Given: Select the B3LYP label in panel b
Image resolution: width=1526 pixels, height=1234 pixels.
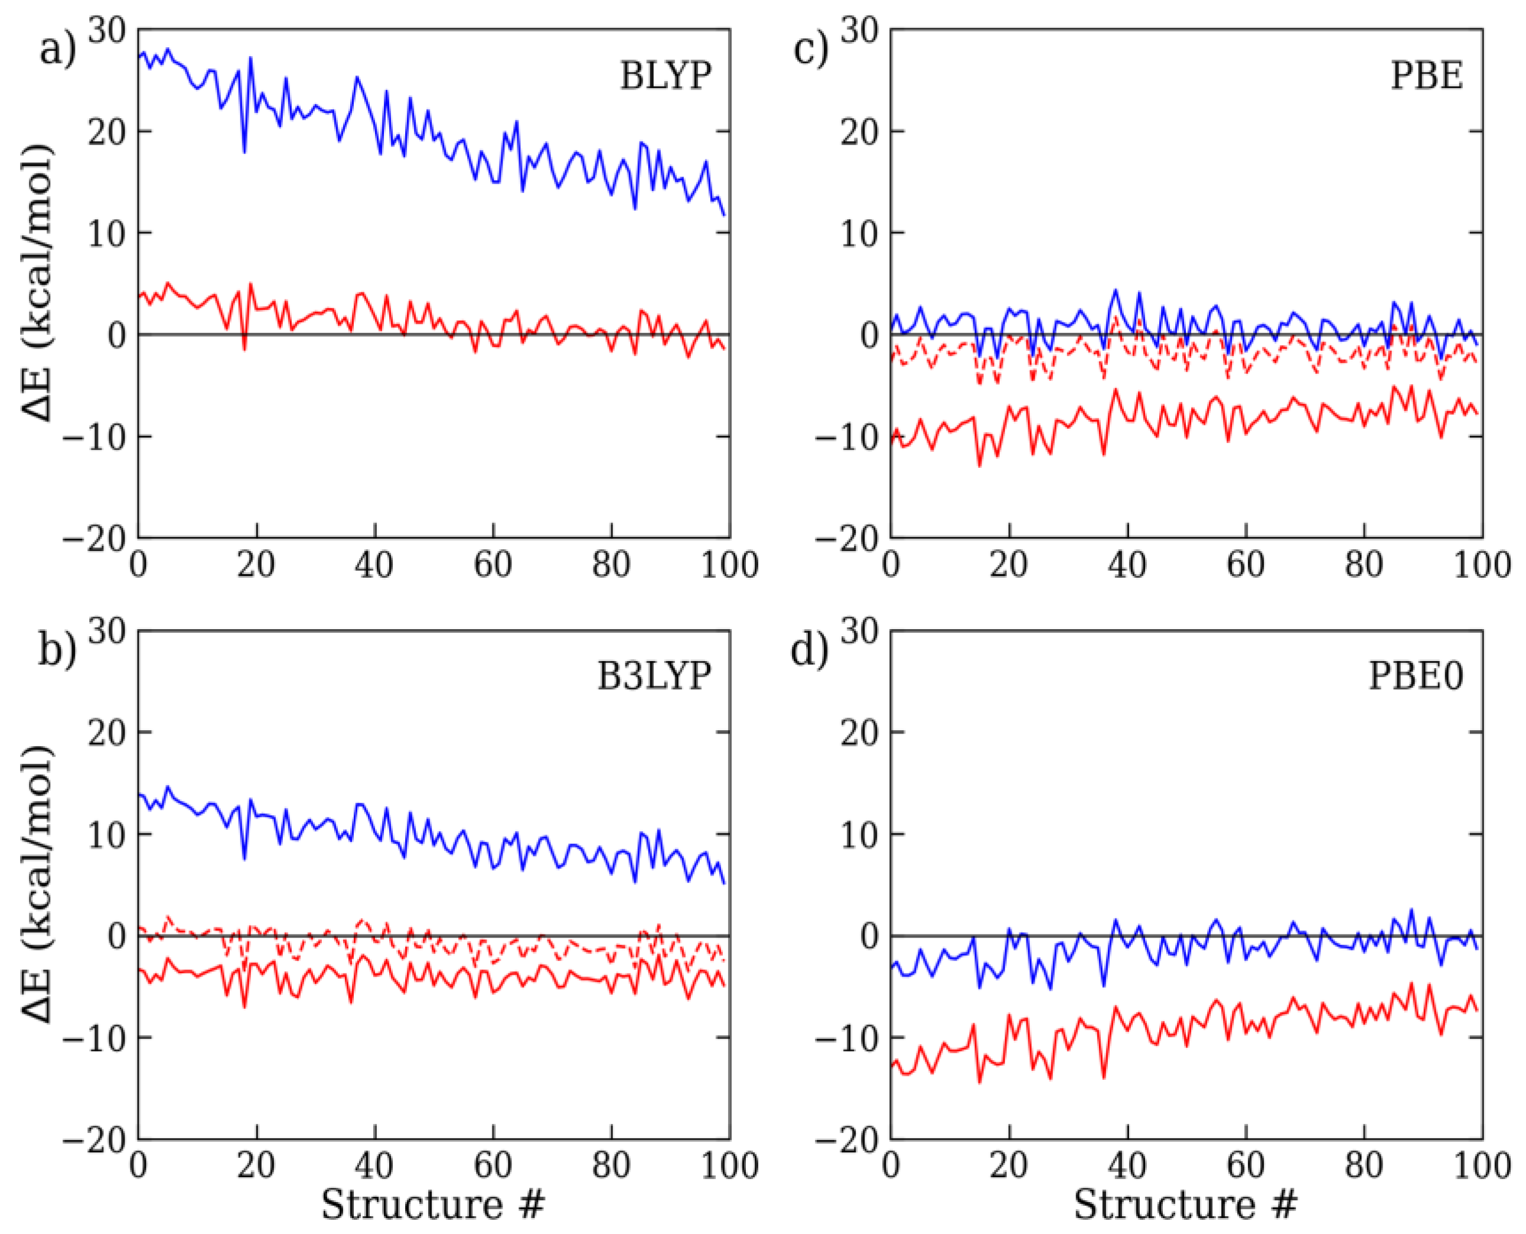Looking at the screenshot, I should point(653,675).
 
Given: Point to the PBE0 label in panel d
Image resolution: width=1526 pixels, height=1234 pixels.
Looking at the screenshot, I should point(1416,675).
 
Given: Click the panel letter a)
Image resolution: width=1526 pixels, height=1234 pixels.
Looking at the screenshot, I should point(57,50).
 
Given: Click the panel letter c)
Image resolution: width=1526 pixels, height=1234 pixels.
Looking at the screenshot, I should point(811,50).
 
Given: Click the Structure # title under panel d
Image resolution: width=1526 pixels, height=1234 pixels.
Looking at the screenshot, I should point(1185,1204).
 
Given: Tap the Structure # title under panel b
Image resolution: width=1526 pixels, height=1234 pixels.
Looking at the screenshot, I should point(432,1204).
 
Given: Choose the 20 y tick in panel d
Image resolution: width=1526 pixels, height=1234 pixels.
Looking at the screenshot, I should point(860,732).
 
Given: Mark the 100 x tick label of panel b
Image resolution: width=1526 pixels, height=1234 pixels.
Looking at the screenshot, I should point(729,1165).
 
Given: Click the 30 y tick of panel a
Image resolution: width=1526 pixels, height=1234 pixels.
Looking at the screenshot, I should point(107,30).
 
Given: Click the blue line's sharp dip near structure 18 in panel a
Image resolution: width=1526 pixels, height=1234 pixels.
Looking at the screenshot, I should point(244,151).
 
